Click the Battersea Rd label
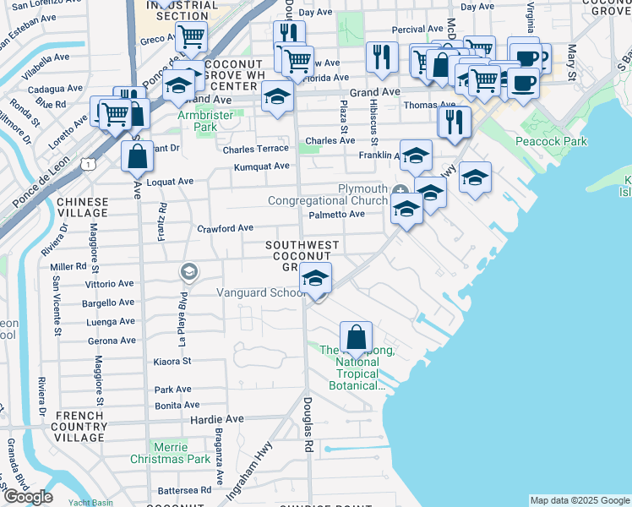pos(184,490)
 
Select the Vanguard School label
pos(260,293)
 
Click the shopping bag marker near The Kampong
pos(357,337)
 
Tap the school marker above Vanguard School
pos(315,278)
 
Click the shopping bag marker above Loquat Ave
pos(137,156)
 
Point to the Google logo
pos(28,497)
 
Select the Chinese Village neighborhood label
pos(82,208)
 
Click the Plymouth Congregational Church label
pos(328,194)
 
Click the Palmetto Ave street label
pos(336,214)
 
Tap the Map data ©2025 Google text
pos(579,500)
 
